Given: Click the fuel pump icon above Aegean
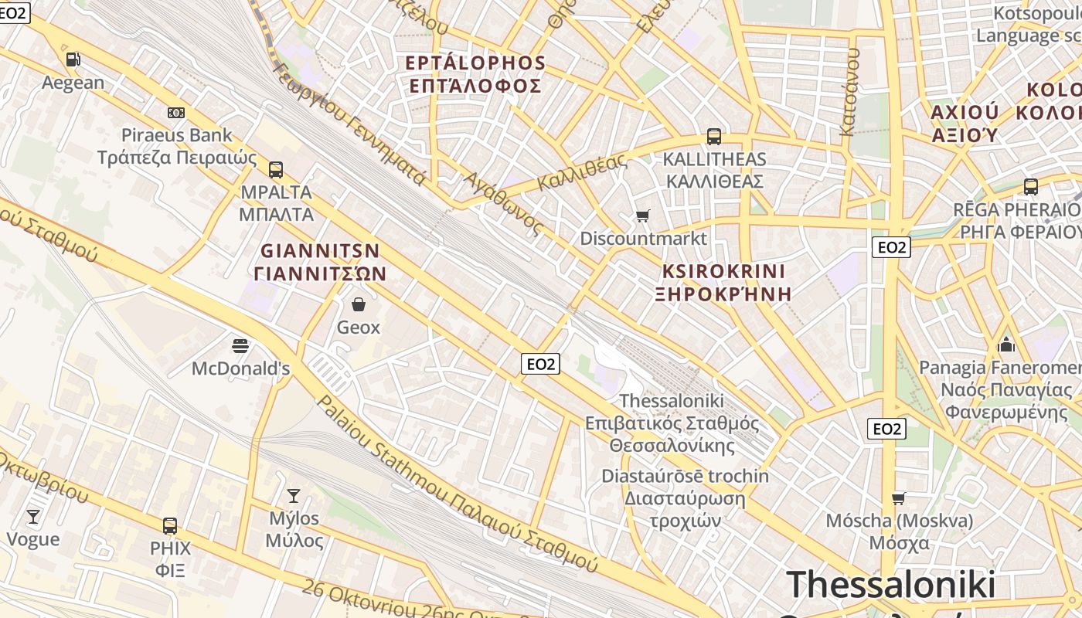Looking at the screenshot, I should [73, 59].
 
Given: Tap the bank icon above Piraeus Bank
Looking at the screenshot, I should [176, 113].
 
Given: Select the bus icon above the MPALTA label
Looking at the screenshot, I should [276, 170].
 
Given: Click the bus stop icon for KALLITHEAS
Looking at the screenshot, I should [713, 138].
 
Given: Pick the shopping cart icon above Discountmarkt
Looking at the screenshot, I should [643, 216].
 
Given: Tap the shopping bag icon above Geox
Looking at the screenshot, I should [358, 304].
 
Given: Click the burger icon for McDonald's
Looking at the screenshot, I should [240, 345].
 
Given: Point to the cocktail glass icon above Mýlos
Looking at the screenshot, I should [294, 495].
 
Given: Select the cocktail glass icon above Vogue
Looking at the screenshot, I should [32, 516].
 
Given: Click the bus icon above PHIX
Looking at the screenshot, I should [170, 526].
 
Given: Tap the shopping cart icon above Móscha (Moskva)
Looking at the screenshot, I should [898, 498].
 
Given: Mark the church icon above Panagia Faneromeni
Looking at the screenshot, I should [1005, 344].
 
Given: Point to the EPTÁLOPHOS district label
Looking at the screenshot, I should [476, 63].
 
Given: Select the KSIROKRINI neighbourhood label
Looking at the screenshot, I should [723, 272].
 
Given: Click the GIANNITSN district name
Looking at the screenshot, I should [320, 251].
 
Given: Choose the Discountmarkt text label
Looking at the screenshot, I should [643, 238].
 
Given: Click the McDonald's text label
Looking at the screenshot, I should [240, 368].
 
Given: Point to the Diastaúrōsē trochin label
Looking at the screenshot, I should [685, 476].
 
